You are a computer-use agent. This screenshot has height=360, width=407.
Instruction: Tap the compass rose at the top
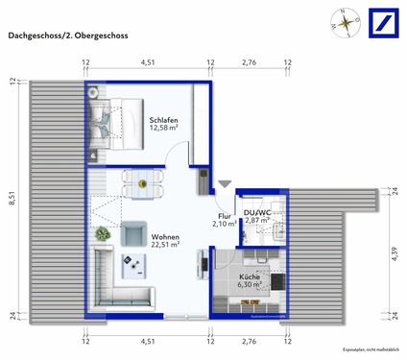click(x=343, y=21)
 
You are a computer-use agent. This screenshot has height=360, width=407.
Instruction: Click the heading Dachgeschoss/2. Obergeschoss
click(x=68, y=36)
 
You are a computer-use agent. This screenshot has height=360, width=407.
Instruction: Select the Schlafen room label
click(x=164, y=118)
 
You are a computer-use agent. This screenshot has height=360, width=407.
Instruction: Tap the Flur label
click(x=224, y=215)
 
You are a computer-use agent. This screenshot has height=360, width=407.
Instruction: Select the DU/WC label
click(x=257, y=211)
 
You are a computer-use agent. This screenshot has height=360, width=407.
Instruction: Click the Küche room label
click(x=251, y=276)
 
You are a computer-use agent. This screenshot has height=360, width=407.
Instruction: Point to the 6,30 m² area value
click(x=251, y=284)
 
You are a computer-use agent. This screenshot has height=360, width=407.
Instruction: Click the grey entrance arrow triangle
click(x=224, y=184)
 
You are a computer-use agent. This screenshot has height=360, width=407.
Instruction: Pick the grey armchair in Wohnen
click(x=133, y=234)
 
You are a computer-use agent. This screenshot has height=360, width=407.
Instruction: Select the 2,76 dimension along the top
click(x=249, y=63)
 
